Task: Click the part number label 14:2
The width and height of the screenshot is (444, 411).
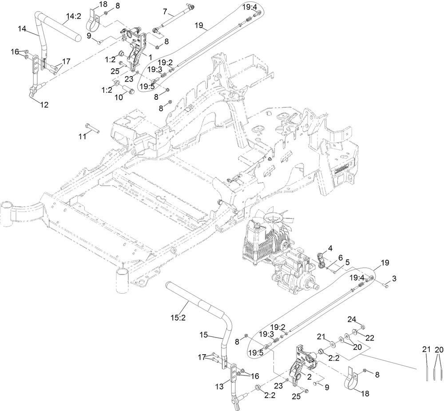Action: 73,17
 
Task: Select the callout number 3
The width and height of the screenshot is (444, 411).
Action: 394,278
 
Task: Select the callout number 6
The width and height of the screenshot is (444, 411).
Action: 341,257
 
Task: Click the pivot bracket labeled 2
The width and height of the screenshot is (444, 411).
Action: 302,364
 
